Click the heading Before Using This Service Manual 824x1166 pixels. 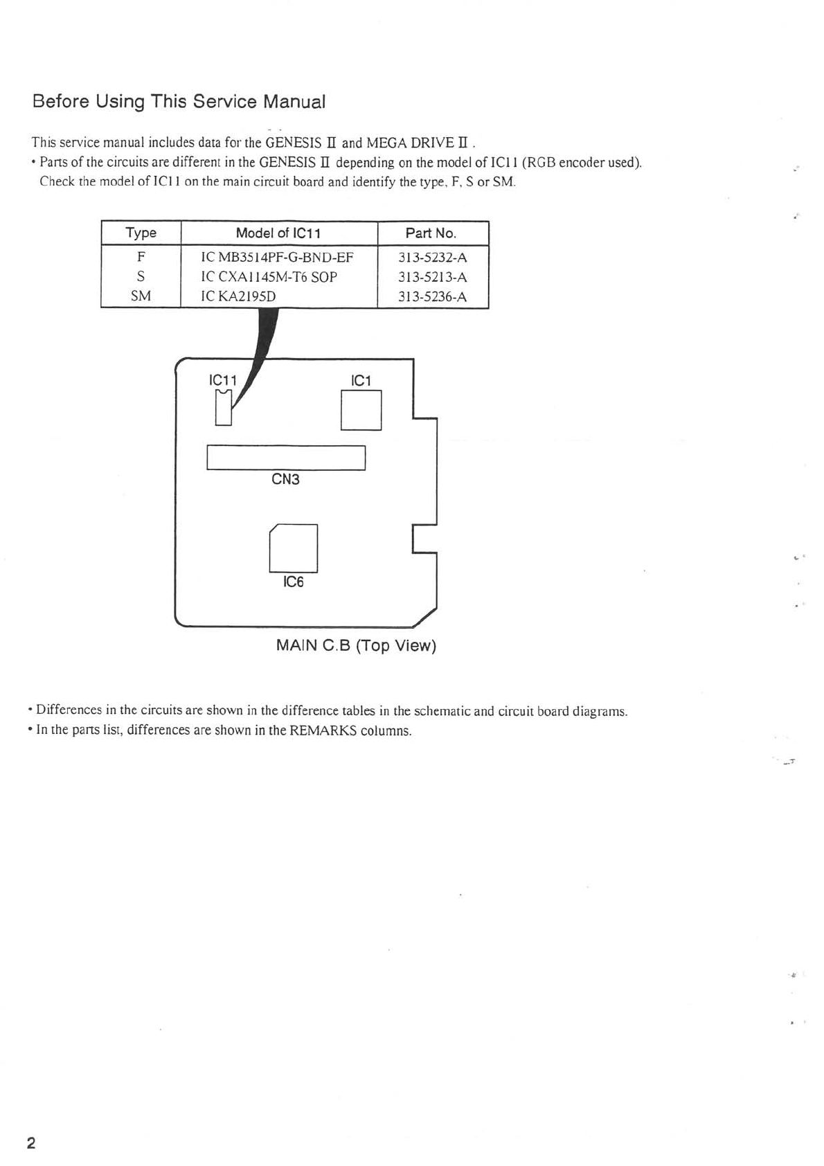point(179,102)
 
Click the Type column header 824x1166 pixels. point(141,233)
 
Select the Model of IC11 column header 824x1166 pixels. point(278,233)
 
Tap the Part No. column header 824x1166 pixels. point(431,233)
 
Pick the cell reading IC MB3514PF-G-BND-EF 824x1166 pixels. point(277,258)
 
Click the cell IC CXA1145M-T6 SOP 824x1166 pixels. point(269,277)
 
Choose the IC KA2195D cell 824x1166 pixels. point(238,296)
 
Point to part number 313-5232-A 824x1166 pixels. point(432,258)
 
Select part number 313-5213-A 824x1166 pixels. point(432,277)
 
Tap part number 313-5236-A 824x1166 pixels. point(432,296)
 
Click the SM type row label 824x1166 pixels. point(141,296)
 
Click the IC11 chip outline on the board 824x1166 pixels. point(222,408)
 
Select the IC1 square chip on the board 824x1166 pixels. point(361,410)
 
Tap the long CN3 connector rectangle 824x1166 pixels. point(285,458)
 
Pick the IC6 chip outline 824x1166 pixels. point(294,548)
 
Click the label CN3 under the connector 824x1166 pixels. point(285,479)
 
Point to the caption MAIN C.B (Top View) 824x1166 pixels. point(356,645)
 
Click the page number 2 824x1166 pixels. point(31,1142)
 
